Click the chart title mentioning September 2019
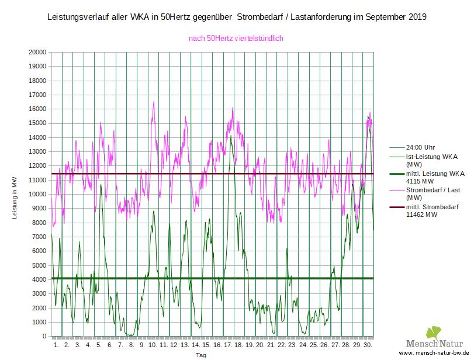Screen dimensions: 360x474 236,18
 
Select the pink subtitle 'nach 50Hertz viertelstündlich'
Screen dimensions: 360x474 236,39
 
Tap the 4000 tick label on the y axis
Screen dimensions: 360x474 39,279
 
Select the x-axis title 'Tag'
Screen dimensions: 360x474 200,355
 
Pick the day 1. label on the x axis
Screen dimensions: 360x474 56,345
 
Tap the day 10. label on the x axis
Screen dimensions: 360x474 153,345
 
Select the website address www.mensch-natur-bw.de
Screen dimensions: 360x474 434,354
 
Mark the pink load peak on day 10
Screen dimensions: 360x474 154,102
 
